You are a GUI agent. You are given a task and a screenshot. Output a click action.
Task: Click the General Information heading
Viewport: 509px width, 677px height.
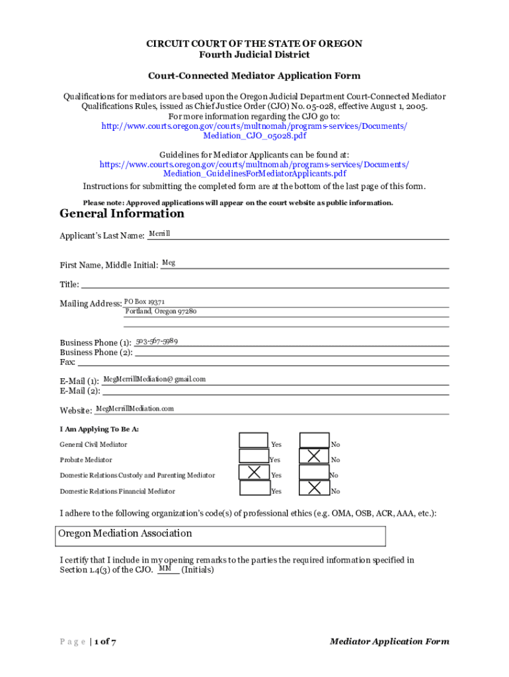[122, 214]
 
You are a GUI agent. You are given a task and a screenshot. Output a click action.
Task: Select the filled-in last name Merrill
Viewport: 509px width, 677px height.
[159, 234]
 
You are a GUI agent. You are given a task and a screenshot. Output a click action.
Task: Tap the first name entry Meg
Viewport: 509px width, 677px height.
[169, 263]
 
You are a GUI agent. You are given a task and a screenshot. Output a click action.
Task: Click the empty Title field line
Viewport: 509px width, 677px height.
[264, 284]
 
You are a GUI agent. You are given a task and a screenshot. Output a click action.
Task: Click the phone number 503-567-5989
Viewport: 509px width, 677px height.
[157, 341]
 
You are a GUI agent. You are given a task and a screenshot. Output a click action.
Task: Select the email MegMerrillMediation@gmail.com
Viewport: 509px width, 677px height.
[155, 379]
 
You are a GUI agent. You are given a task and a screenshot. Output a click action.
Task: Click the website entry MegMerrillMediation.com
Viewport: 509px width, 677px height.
[135, 409]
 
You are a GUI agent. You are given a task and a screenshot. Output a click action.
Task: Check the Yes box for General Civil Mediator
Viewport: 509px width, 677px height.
[253, 440]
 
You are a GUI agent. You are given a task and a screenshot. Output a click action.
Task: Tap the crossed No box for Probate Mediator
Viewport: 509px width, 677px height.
[314, 456]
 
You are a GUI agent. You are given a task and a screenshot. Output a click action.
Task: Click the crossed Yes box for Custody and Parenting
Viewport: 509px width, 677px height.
[253, 472]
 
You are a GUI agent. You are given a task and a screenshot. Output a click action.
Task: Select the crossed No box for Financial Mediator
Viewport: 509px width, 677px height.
[314, 488]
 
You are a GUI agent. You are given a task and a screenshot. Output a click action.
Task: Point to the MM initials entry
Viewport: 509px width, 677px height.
[165, 569]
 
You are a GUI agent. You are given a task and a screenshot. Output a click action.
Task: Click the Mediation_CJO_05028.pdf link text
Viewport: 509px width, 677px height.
[255, 136]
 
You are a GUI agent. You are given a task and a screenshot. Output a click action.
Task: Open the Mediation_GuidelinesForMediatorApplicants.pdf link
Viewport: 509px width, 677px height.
[255, 174]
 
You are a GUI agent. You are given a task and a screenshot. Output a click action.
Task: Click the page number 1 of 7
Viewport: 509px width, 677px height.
[105, 641]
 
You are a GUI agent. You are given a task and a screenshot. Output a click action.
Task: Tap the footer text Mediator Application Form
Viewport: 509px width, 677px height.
[389, 641]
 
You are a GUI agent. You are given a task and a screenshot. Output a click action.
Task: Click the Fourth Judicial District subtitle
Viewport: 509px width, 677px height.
[255, 54]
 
